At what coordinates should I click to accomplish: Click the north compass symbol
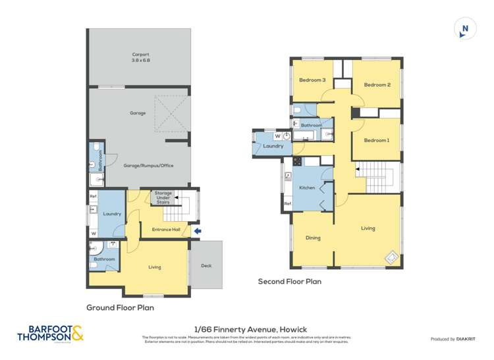click(465, 30)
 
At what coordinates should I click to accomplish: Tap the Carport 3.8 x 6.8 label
click(141, 57)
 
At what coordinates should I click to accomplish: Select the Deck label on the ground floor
click(207, 265)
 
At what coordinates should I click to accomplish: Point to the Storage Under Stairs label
click(163, 197)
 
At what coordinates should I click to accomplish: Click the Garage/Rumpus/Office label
click(148, 165)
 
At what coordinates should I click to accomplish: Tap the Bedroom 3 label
click(312, 80)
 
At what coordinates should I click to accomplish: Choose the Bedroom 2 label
click(377, 84)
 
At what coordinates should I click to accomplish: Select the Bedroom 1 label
click(376, 140)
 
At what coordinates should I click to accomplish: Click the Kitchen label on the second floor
click(307, 188)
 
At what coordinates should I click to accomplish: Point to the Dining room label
click(313, 238)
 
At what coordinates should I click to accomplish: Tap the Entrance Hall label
click(166, 229)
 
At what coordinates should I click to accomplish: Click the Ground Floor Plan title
click(121, 307)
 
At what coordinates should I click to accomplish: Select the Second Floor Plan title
click(289, 281)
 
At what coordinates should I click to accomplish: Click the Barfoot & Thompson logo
click(51, 334)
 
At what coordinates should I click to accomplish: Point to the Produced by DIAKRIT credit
click(453, 339)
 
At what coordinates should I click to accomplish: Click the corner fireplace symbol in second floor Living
click(391, 257)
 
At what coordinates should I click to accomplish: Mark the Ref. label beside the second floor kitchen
click(288, 204)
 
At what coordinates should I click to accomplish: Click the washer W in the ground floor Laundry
click(94, 233)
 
